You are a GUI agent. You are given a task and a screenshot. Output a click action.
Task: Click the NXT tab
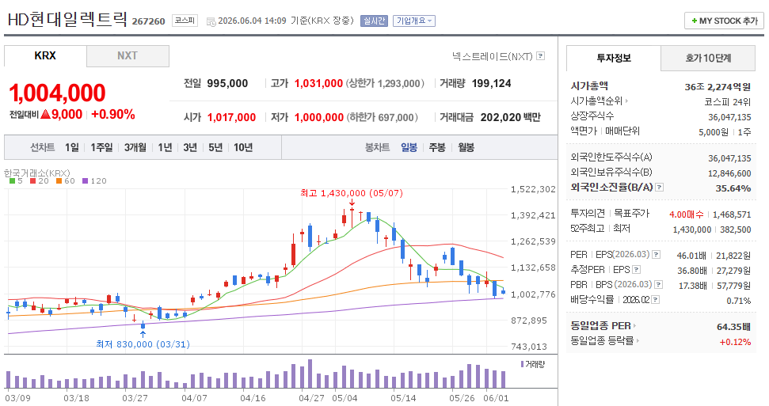(x=128, y=56)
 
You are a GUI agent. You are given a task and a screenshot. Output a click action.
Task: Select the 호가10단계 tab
(x=708, y=58)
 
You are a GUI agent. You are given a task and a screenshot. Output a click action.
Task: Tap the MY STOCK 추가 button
(x=724, y=21)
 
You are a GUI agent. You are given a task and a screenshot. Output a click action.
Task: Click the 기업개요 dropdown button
(x=414, y=21)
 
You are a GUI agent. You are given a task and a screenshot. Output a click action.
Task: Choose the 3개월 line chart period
(x=135, y=147)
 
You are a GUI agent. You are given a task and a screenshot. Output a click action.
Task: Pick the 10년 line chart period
(x=243, y=147)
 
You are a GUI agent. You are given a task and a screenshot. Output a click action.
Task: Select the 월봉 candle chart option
(x=466, y=147)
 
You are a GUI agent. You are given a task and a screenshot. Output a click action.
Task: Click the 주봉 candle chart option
(x=437, y=147)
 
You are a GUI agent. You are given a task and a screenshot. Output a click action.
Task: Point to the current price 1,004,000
(x=57, y=93)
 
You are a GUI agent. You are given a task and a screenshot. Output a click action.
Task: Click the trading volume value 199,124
(x=491, y=83)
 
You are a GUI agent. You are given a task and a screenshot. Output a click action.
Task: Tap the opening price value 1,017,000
(x=231, y=118)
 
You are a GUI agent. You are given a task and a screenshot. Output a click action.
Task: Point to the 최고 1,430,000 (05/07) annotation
(x=352, y=193)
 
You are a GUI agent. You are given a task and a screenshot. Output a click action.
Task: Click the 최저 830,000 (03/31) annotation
(x=143, y=344)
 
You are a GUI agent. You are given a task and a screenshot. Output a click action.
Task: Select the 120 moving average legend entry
(x=95, y=181)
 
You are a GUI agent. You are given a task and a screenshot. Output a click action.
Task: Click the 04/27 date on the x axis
(x=311, y=397)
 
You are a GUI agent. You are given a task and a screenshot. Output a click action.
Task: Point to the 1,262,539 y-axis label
(x=533, y=241)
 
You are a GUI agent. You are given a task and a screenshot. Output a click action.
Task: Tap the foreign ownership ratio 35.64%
(x=733, y=188)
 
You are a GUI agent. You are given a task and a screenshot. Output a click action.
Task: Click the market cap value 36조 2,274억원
(x=718, y=87)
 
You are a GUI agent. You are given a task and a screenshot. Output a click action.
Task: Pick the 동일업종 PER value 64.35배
(x=733, y=327)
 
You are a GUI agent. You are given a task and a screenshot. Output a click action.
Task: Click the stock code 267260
(x=149, y=21)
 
